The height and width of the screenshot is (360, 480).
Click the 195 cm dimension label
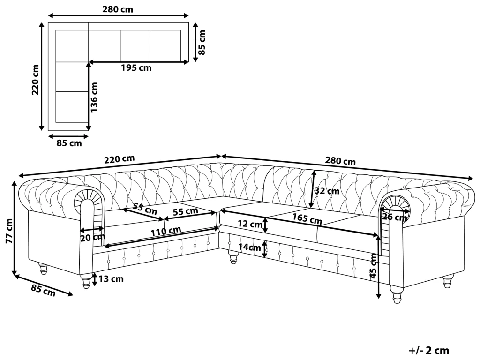[x=136, y=68]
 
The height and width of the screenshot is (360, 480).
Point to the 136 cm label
[x=94, y=97]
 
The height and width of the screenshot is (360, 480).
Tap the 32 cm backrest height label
[x=327, y=191]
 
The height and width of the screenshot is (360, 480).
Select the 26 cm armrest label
[x=395, y=217]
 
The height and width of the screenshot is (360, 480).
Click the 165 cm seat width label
[x=307, y=218]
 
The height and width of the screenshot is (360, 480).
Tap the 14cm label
[x=248, y=247]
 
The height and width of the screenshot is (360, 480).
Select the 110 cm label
[x=165, y=231]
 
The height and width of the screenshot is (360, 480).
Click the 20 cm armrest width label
[x=93, y=238]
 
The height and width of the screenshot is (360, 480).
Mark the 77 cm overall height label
[x=8, y=232]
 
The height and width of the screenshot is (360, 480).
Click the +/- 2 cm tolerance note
[x=429, y=350]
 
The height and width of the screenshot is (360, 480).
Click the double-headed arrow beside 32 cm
[x=312, y=188]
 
